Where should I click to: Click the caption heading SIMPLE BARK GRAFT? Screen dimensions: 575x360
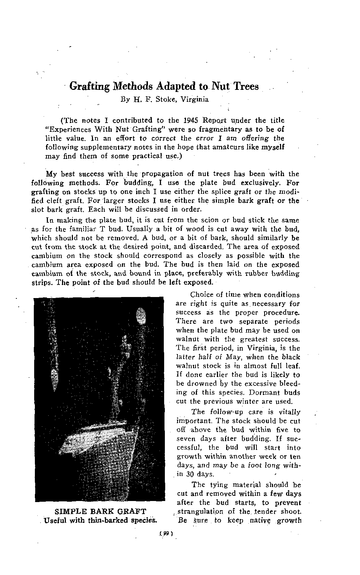tap(100, 512)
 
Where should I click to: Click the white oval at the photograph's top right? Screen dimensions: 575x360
tap(141, 315)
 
